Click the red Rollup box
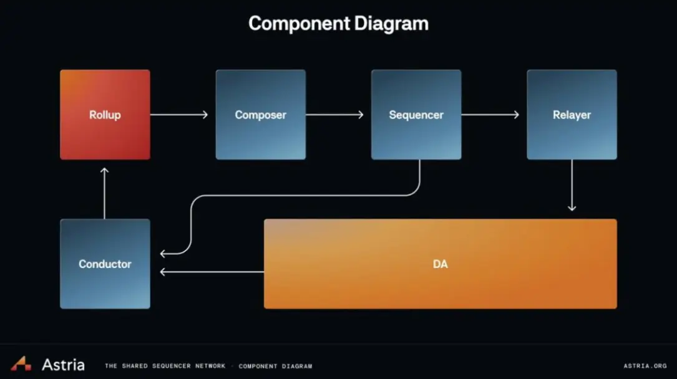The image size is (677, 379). point(105,115)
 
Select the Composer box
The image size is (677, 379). point(261,115)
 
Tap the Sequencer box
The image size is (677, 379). point(416,115)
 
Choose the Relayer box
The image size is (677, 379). point(572,115)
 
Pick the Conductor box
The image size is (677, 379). point(105,264)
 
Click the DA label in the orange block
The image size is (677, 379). point(441,264)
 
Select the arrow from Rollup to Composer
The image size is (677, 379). point(178,115)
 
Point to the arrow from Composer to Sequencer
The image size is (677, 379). point(334,115)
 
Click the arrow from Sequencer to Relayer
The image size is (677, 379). point(490,115)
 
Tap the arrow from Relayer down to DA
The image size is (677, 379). point(572,185)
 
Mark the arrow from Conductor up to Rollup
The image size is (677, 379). point(104,193)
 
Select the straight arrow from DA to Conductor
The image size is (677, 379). point(212,272)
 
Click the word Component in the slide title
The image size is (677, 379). point(299,24)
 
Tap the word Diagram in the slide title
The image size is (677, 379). point(391,24)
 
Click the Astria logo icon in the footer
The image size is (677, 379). point(21,363)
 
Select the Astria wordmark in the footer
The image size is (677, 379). point(63,365)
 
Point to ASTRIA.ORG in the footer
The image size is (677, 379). point(645,366)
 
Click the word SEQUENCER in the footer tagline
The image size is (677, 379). point(172,366)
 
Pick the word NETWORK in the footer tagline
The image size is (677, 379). point(210,366)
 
